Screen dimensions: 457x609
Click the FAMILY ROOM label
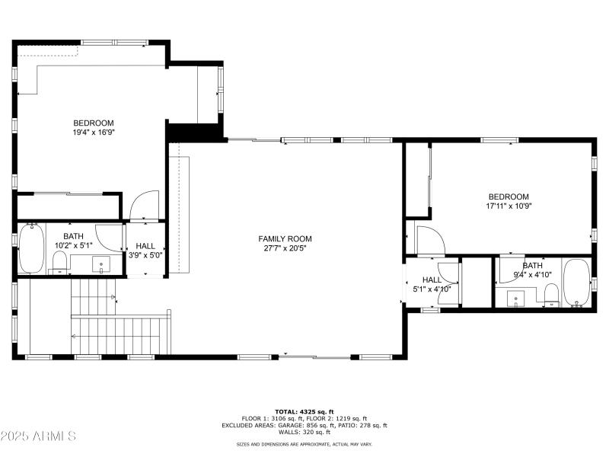point(285,238)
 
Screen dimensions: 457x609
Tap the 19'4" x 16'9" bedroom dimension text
point(94,132)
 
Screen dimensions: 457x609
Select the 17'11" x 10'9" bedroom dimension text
point(508,206)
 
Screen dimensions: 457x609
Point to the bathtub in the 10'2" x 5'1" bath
point(31,249)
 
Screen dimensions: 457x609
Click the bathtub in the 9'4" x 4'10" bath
point(576,283)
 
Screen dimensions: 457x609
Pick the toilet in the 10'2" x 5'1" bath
point(59,264)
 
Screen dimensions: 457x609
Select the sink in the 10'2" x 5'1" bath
point(101,264)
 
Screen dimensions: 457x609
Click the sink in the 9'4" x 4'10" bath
point(517,299)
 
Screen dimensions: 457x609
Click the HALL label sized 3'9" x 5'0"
point(145,250)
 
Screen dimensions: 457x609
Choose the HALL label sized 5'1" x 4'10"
point(432,284)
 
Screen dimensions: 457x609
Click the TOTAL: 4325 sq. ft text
point(304,411)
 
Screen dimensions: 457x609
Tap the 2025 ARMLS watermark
point(38,436)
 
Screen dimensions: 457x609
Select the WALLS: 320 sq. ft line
point(304,432)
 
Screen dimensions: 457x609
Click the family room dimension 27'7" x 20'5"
point(285,248)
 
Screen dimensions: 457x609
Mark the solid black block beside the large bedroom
point(182,132)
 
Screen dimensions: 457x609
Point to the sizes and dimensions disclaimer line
point(304,443)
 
